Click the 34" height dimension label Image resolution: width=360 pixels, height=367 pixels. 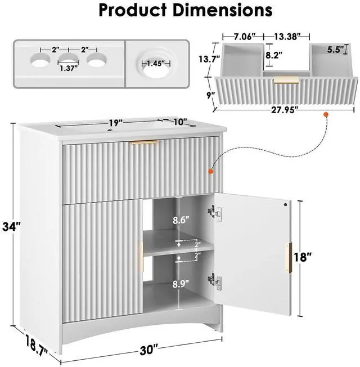pyautogui.click(x=11, y=227)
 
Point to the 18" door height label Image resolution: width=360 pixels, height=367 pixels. pyautogui.click(x=303, y=257)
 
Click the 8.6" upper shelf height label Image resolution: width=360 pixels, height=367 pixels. pyautogui.click(x=181, y=220)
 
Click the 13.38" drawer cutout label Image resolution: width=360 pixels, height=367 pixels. pyautogui.click(x=287, y=37)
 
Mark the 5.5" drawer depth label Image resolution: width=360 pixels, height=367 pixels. pyautogui.click(x=335, y=50)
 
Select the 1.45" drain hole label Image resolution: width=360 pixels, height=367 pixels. pyautogui.click(x=156, y=64)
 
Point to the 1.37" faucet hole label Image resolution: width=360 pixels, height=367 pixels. pyautogui.click(x=69, y=68)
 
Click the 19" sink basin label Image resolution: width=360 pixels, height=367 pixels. pyautogui.click(x=116, y=123)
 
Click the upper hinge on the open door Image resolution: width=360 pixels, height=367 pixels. pyautogui.click(x=215, y=212)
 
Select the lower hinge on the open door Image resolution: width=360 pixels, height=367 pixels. pyautogui.click(x=215, y=281)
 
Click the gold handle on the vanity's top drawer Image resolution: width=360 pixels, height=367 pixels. pyautogui.click(x=145, y=142)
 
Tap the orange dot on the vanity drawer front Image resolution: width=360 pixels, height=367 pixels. pyautogui.click(x=211, y=172)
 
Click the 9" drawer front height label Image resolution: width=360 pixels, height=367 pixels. pyautogui.click(x=210, y=95)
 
